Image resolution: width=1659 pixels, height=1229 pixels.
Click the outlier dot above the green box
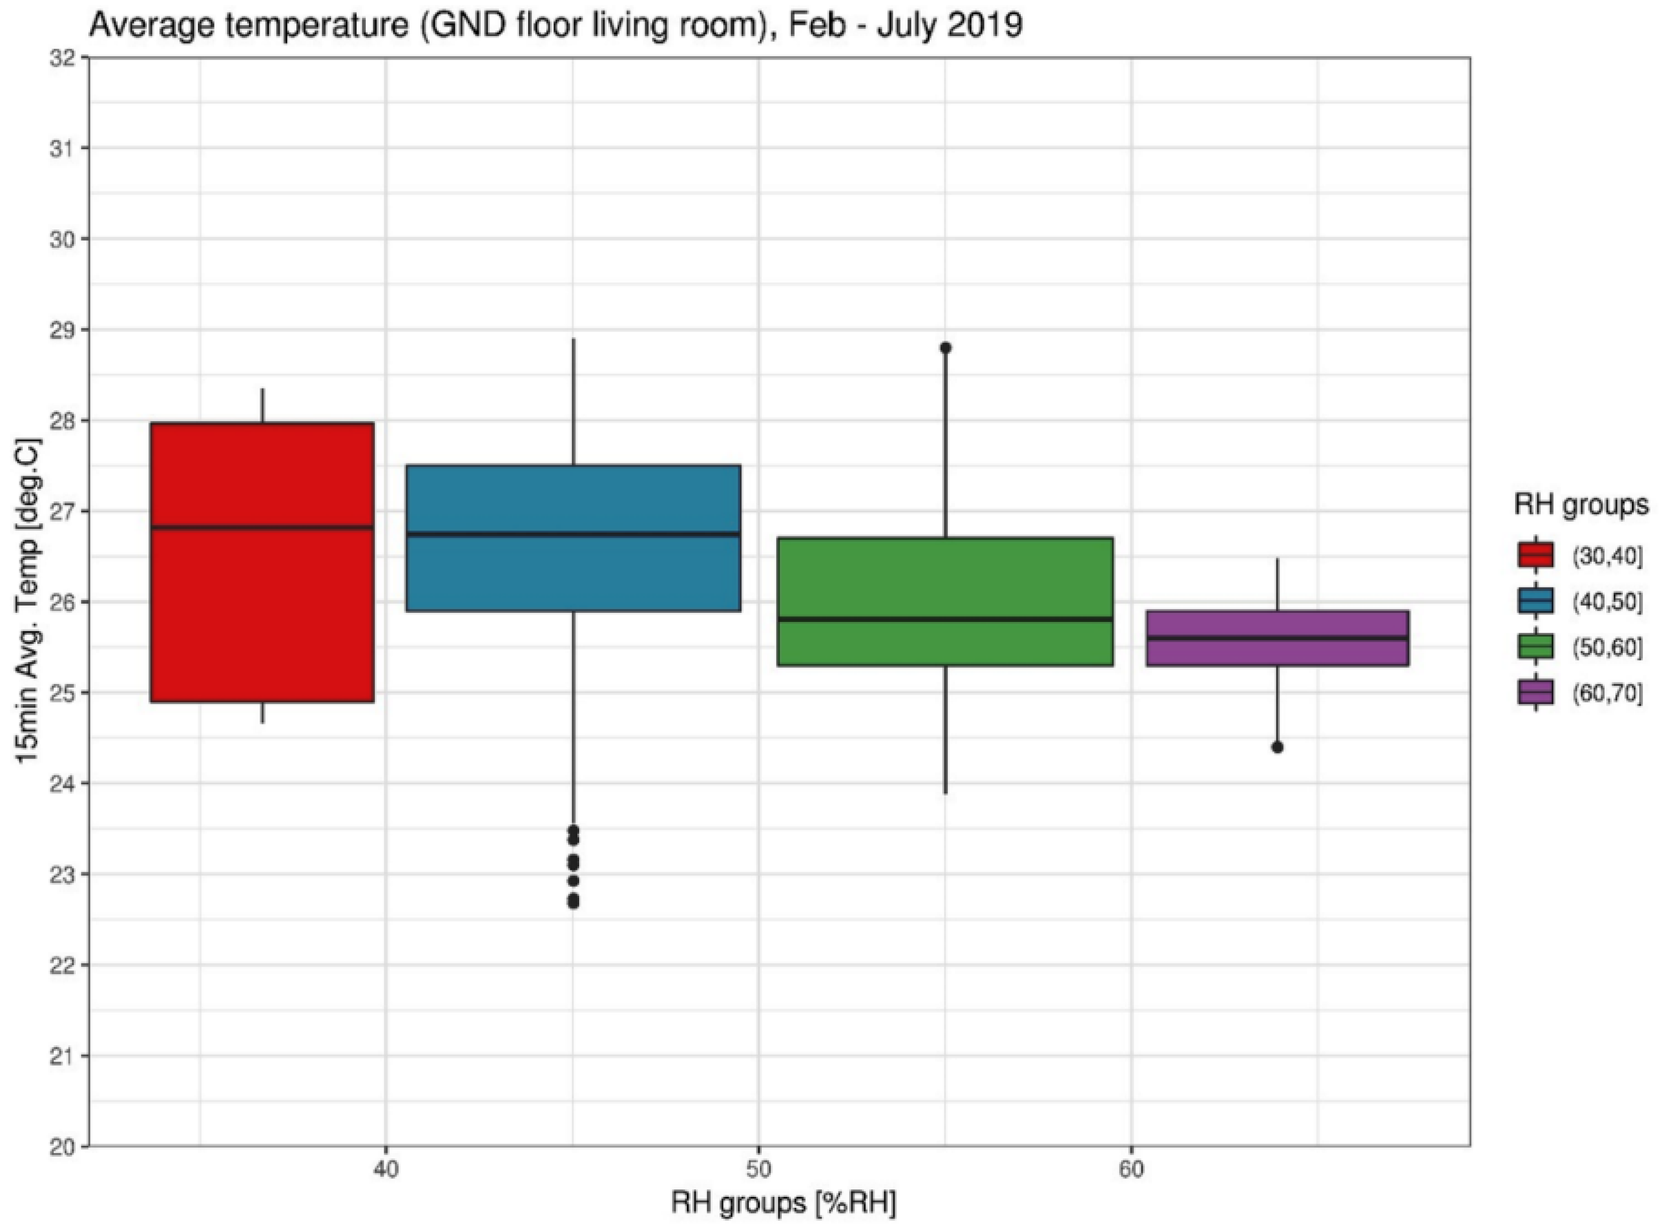click(x=945, y=348)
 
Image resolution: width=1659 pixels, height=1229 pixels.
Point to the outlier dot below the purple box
click(x=1278, y=747)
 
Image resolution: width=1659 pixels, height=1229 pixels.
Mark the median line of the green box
click(x=944, y=618)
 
